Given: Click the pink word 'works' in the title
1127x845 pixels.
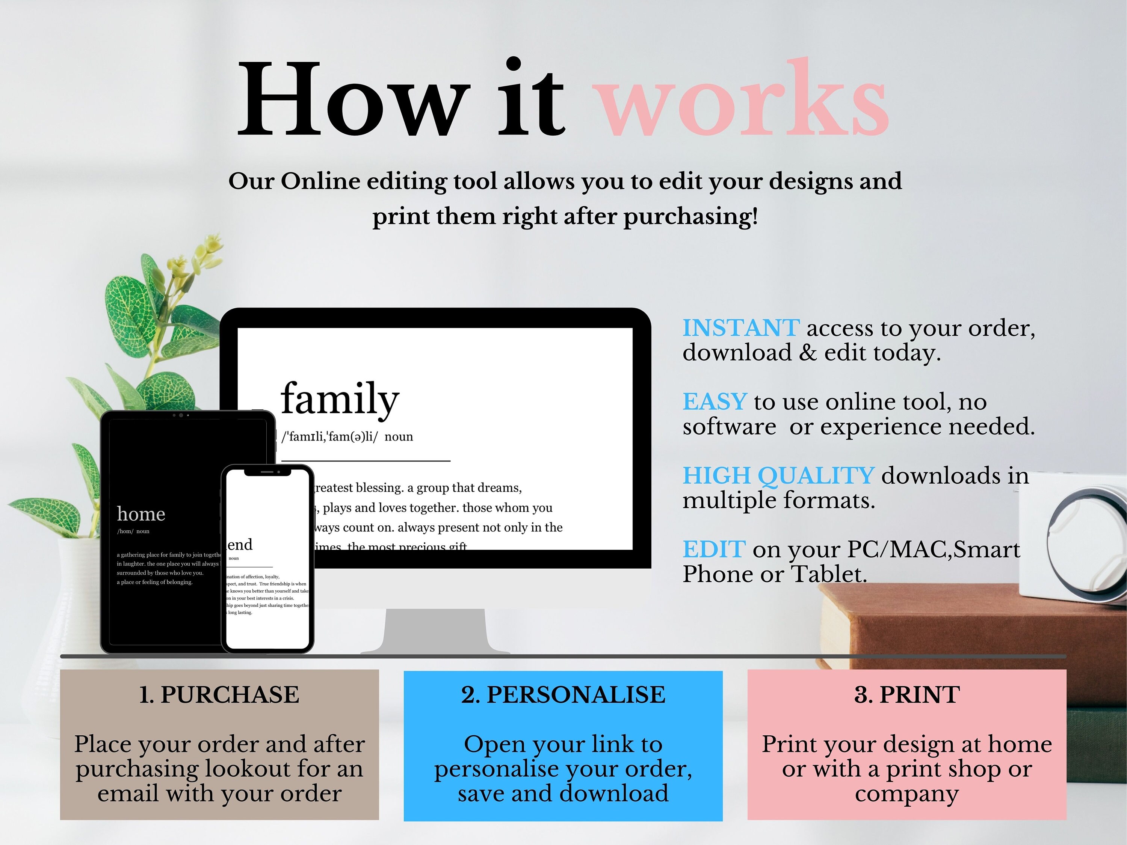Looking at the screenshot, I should click(743, 102).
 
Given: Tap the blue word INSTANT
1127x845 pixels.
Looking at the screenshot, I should click(740, 328).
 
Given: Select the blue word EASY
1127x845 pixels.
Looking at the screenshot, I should click(715, 402).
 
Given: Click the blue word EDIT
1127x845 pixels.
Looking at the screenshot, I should click(714, 549).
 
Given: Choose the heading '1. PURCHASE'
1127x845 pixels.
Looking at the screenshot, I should click(219, 695).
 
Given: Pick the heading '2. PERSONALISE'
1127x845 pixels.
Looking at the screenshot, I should click(563, 695).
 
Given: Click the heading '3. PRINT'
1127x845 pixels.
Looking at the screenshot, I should click(907, 695).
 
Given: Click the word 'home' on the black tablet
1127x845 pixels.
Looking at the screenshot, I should click(141, 514).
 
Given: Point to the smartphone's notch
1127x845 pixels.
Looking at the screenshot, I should click(267, 472).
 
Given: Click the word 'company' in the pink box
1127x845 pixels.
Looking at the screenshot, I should click(907, 794).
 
